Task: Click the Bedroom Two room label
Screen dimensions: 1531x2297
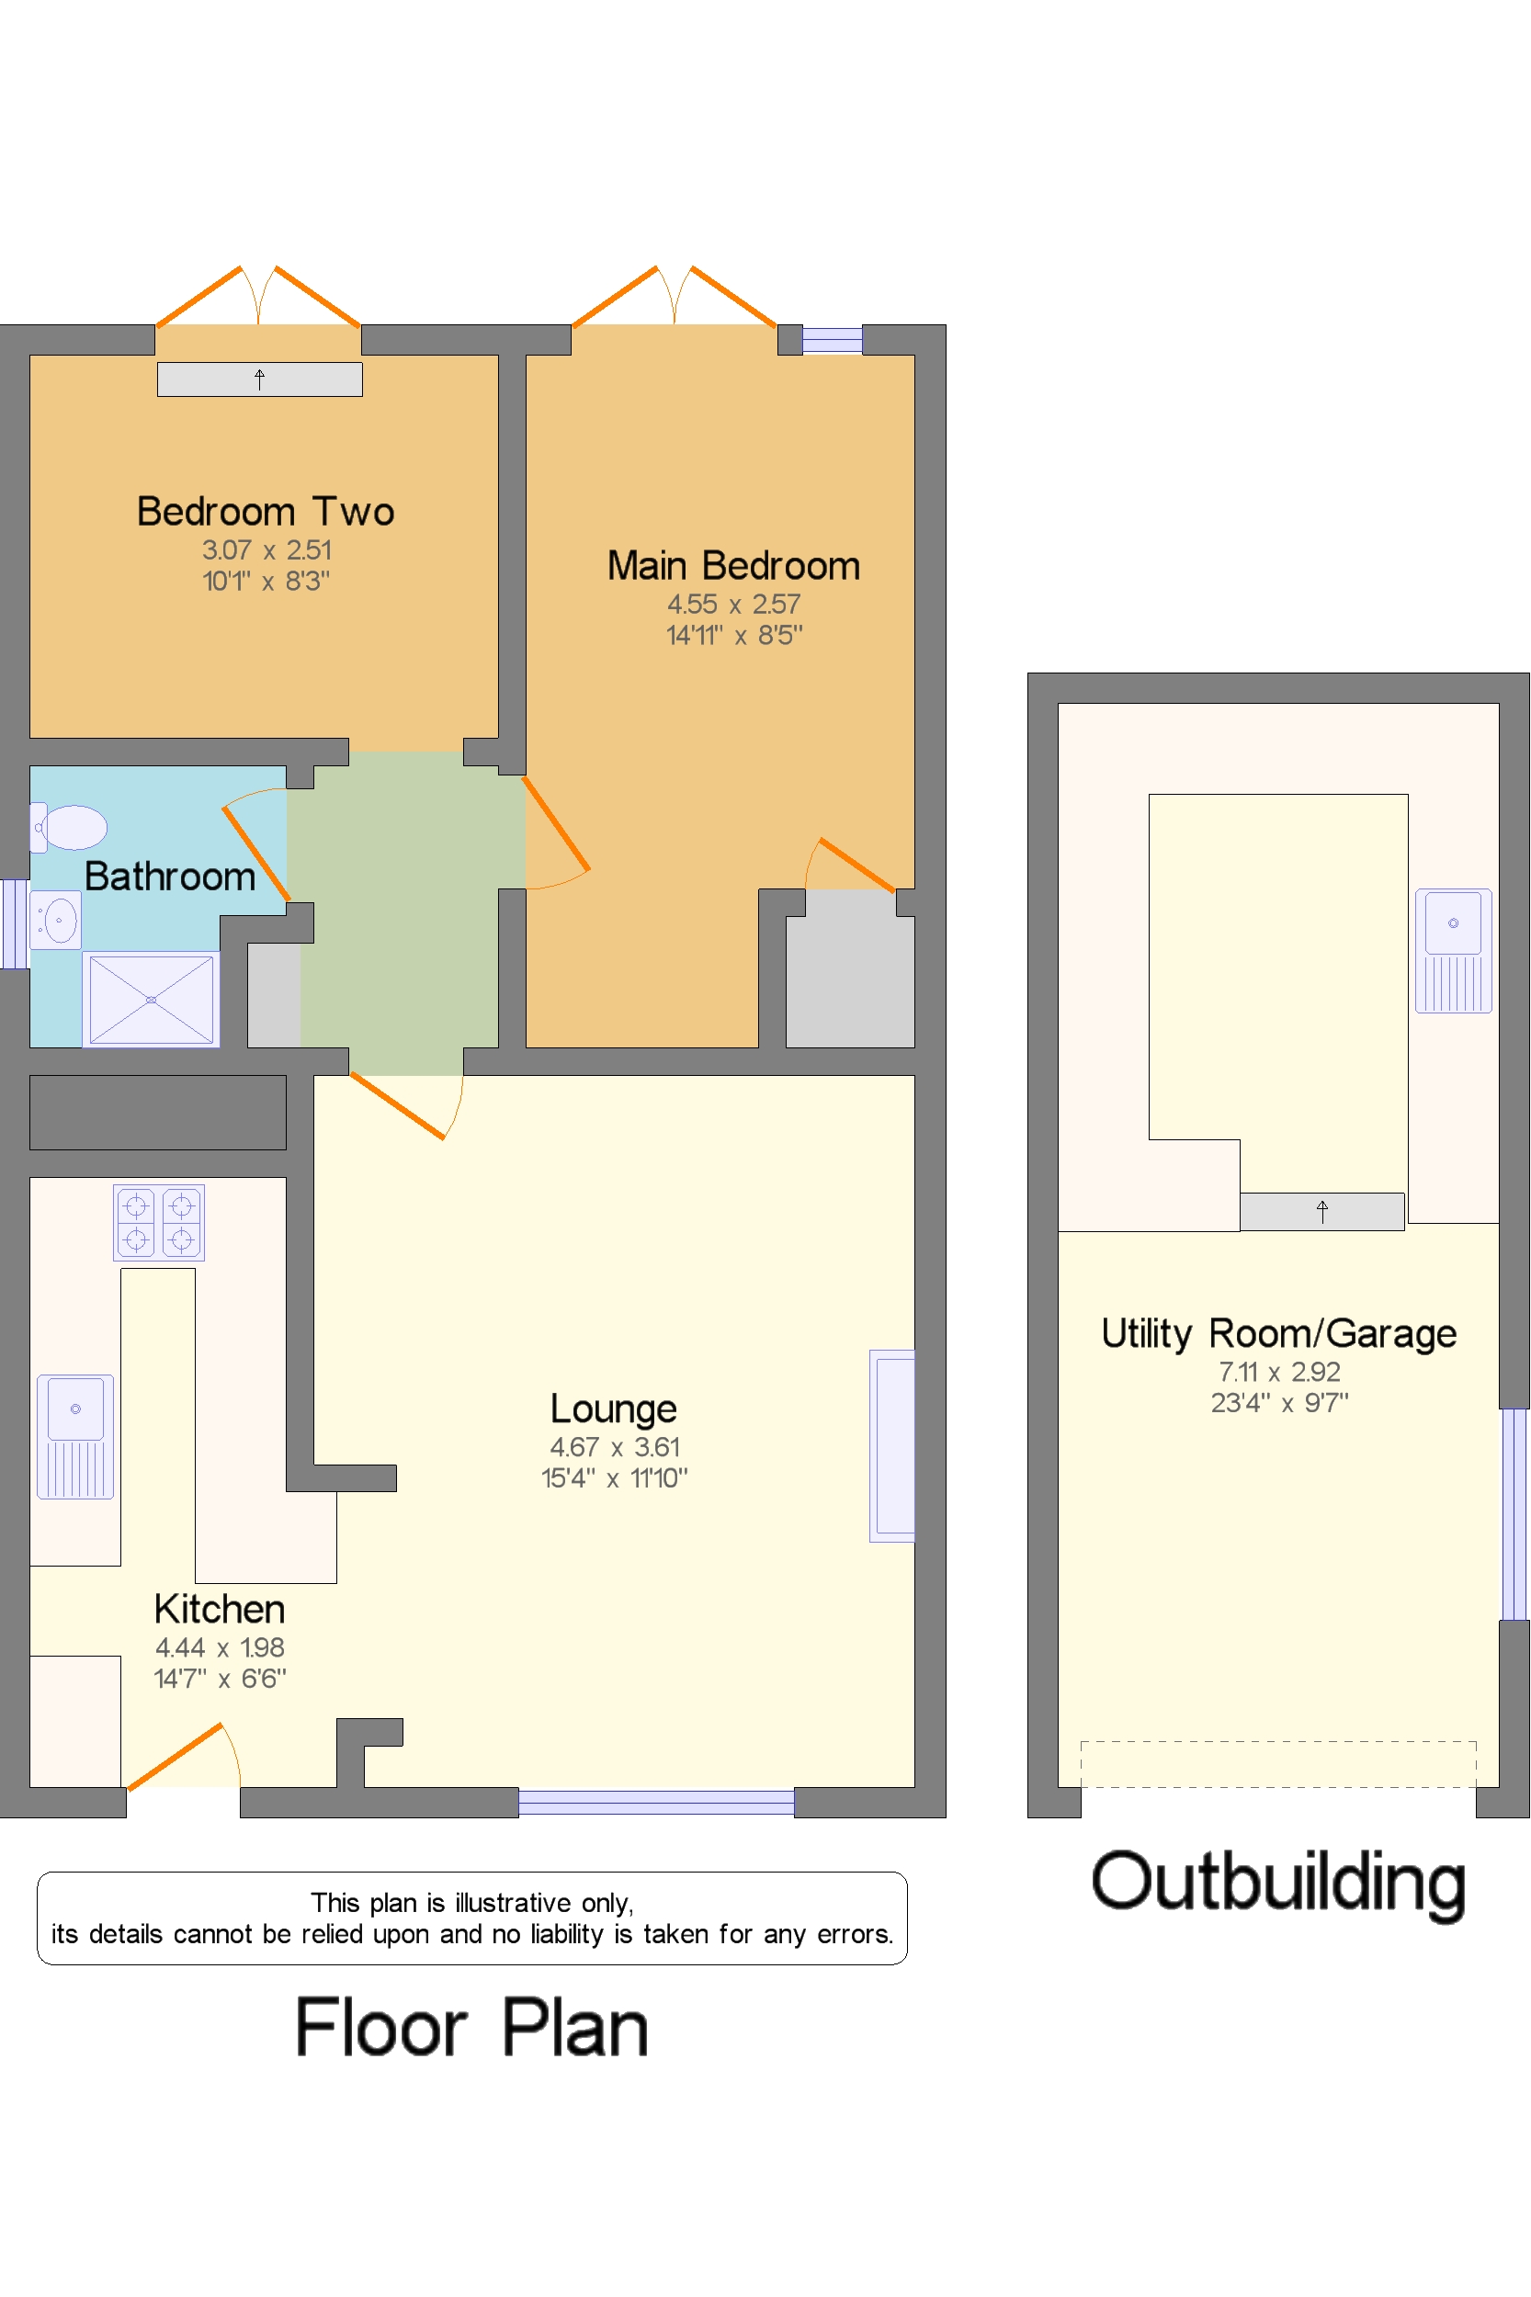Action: pyautogui.click(x=266, y=512)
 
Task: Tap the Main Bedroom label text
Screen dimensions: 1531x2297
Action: pyautogui.click(x=733, y=566)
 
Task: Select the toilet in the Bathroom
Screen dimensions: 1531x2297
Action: pyautogui.click(x=68, y=828)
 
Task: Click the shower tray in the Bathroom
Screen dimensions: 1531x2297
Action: pyautogui.click(x=152, y=1000)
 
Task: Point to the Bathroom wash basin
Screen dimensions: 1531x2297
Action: pyautogui.click(x=56, y=920)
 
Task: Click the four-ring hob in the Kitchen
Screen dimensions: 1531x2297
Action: pyautogui.click(x=159, y=1222)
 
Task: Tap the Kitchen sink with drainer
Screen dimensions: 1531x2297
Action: pyautogui.click(x=75, y=1436)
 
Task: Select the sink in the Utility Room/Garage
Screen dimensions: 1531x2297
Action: pyautogui.click(x=1453, y=950)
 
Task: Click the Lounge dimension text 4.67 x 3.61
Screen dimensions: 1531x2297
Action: pyautogui.click(x=615, y=1447)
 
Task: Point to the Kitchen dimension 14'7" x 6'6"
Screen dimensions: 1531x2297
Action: pyautogui.click(x=220, y=1678)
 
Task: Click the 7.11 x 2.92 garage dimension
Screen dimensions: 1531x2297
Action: pyautogui.click(x=1279, y=1372)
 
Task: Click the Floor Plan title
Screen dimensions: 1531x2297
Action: pyautogui.click(x=471, y=2027)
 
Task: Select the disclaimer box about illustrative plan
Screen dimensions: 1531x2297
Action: pyautogui.click(x=472, y=1918)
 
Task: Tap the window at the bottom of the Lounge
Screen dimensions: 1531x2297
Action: pyautogui.click(x=656, y=1802)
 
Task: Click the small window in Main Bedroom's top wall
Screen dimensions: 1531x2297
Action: pyautogui.click(x=832, y=340)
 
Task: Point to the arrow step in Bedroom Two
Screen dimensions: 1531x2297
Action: pyautogui.click(x=260, y=379)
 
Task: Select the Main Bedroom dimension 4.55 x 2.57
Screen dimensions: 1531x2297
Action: pyautogui.click(x=734, y=605)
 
